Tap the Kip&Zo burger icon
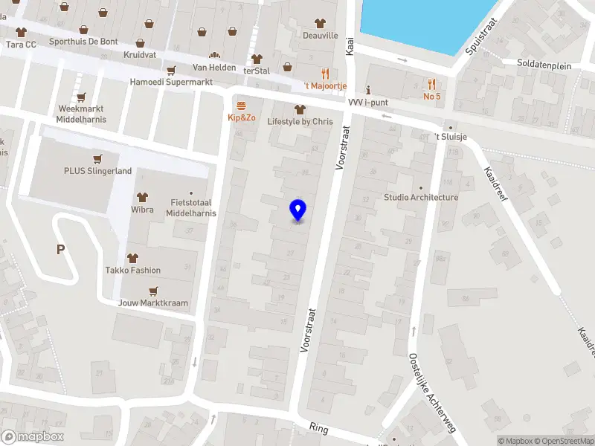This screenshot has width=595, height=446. click(240, 105)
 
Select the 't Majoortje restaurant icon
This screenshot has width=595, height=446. click(325, 73)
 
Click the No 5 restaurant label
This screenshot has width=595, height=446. click(432, 97)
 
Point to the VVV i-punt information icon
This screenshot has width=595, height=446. click(368, 91)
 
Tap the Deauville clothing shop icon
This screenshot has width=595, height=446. click(321, 24)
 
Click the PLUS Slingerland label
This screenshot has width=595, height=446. click(97, 171)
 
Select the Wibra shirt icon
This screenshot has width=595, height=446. click(143, 197)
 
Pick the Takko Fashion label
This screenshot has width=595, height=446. click(133, 271)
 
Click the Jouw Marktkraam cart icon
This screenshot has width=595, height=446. click(153, 291)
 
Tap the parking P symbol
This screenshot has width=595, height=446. click(60, 250)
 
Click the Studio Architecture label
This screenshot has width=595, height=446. click(421, 198)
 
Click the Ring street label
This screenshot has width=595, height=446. click(318, 427)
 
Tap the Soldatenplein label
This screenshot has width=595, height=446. click(544, 65)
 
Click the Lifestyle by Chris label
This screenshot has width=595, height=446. click(300, 121)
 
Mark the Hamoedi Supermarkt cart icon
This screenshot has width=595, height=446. click(171, 71)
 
